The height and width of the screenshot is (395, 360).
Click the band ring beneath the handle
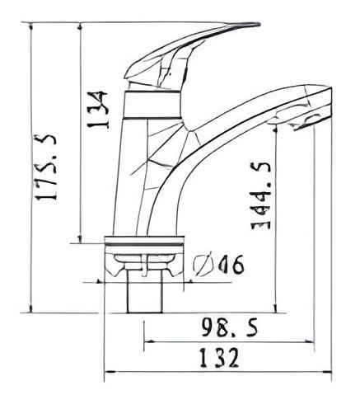coord(153,105)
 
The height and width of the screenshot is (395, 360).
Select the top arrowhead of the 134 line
coord(80,27)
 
